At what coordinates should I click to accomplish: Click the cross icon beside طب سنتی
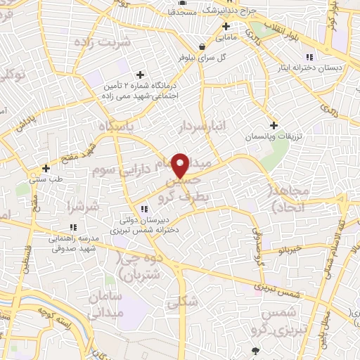[x=46, y=169]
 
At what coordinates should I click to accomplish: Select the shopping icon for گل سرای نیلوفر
[x=203, y=46]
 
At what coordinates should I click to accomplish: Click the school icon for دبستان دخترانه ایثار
[x=308, y=58]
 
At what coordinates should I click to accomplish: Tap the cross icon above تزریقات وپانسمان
[x=274, y=125]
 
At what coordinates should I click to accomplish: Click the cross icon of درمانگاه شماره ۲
[x=141, y=75]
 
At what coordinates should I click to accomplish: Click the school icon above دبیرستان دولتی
[x=144, y=209]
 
